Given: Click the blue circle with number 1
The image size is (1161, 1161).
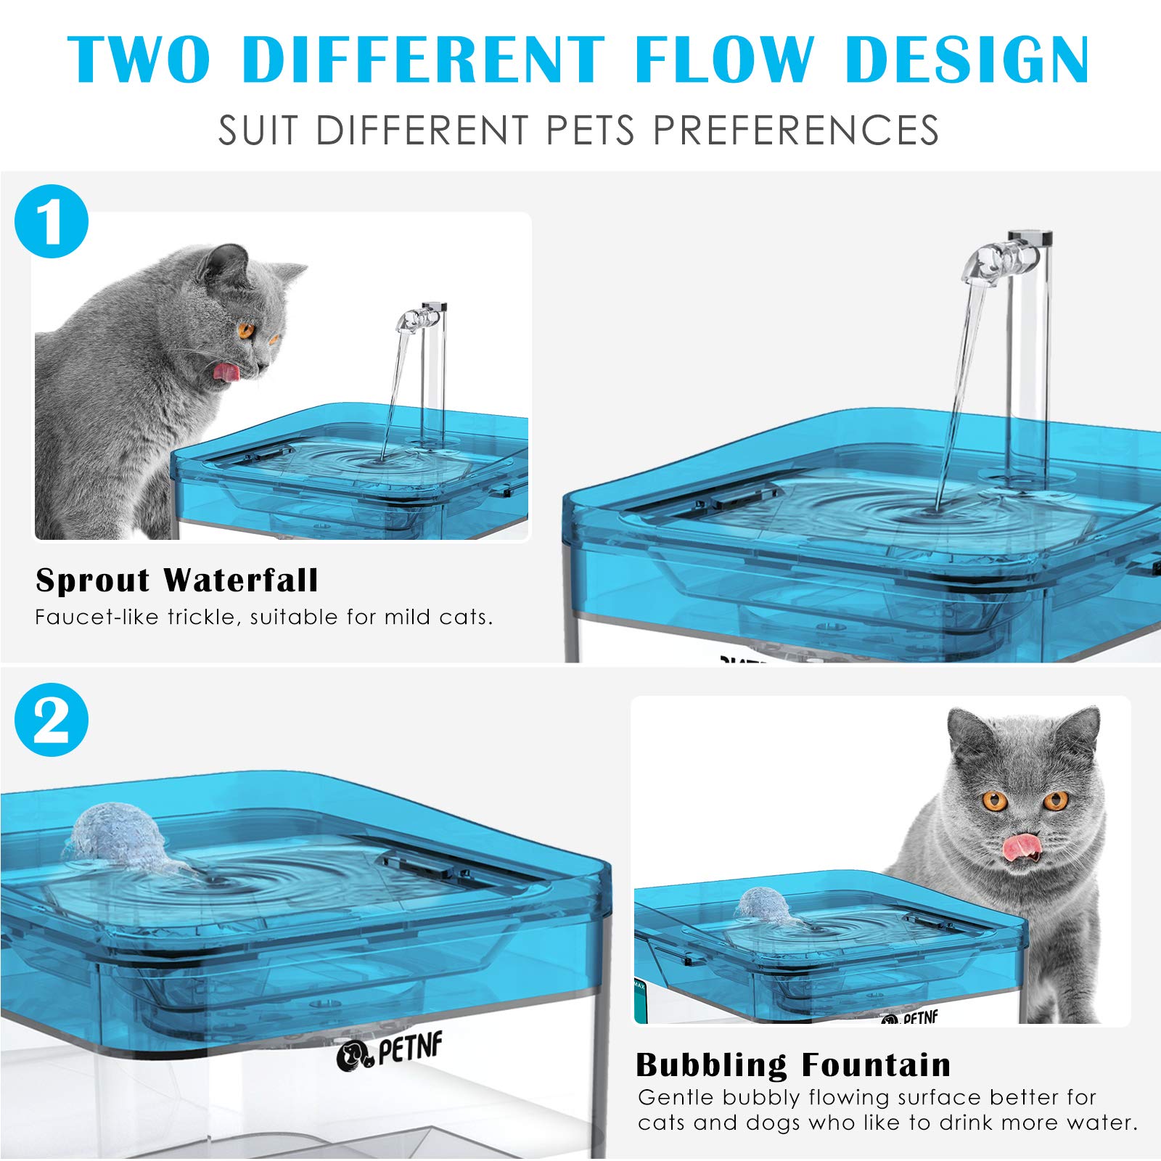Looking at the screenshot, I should pyautogui.click(x=52, y=221).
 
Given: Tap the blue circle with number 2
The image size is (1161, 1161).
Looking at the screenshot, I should pyautogui.click(x=52, y=720).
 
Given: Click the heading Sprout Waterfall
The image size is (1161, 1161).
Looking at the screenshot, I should pyautogui.click(x=177, y=580).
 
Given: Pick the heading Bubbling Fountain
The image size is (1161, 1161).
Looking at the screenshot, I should pyautogui.click(x=793, y=1065).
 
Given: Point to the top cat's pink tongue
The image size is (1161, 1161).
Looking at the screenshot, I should pyautogui.click(x=226, y=372).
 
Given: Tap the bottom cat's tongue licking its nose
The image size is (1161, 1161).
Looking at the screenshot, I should pyautogui.click(x=1019, y=844).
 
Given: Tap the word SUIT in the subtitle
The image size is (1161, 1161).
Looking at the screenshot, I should pyautogui.click(x=258, y=131).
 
